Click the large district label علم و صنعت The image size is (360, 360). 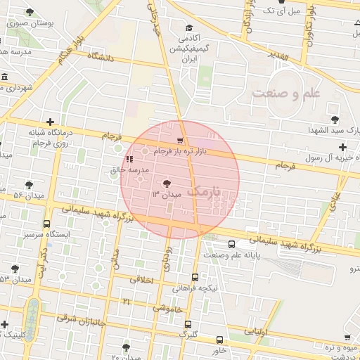(286, 93)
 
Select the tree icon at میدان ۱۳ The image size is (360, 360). (166, 184)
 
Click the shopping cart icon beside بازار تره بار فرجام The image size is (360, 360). (181, 141)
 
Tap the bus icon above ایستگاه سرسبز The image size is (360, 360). (47, 224)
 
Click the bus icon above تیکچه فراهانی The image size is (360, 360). (194, 277)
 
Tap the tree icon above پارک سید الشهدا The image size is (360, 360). (333, 117)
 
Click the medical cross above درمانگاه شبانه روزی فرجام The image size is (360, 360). (49, 122)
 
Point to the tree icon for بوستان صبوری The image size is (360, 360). (30, 12)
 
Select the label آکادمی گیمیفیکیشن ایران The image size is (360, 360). (187, 49)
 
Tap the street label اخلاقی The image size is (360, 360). (141, 279)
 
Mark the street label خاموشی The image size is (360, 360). (167, 308)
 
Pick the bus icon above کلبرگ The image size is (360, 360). (187, 324)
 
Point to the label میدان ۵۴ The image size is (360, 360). (28, 193)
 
